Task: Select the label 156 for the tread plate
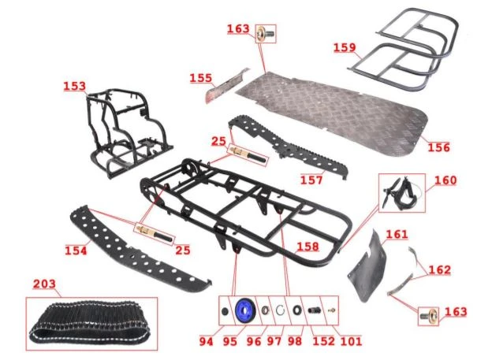(x=439, y=147)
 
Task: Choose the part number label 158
(x=307, y=247)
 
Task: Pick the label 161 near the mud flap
(x=397, y=234)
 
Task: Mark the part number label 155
(x=200, y=78)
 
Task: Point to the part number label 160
(x=445, y=180)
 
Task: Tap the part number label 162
(x=439, y=270)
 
